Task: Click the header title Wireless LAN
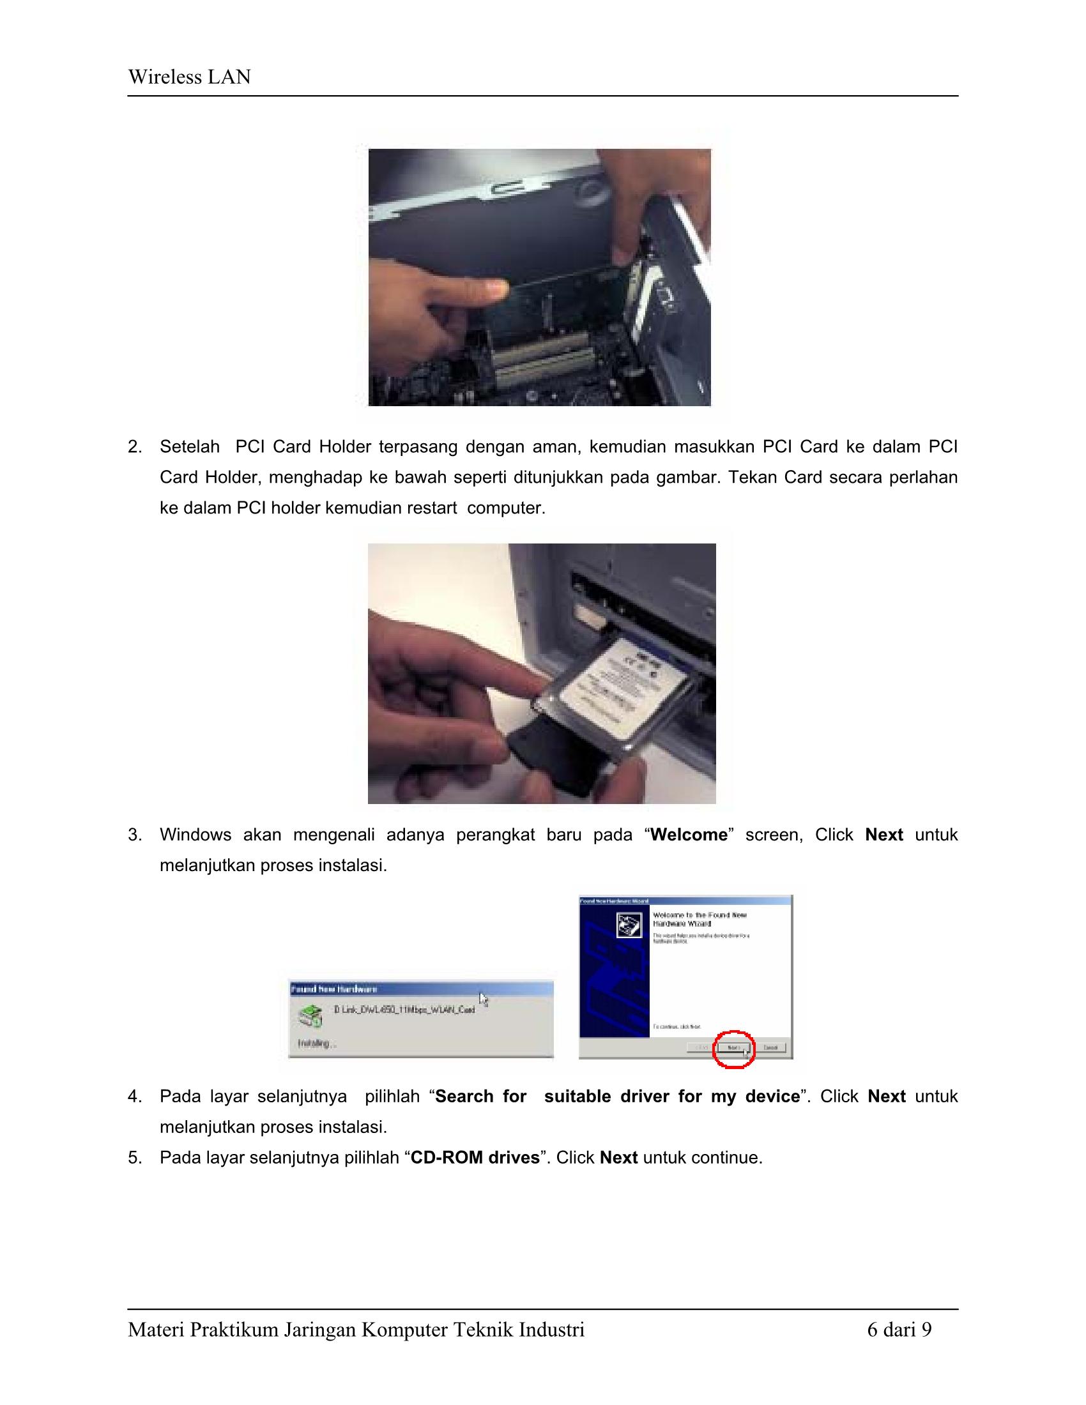point(189,77)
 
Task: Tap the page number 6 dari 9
point(899,1329)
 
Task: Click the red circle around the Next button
point(733,1049)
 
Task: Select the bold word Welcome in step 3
point(689,835)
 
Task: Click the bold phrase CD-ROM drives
point(475,1158)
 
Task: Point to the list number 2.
point(134,447)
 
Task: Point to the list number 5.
point(134,1158)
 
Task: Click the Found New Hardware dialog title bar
point(421,989)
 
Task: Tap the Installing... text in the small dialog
point(316,1043)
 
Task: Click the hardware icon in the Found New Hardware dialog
point(310,1016)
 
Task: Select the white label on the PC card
point(618,688)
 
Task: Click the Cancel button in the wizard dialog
point(771,1047)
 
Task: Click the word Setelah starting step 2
point(190,447)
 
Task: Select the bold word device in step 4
point(772,1097)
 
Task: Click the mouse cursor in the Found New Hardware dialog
point(484,999)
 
